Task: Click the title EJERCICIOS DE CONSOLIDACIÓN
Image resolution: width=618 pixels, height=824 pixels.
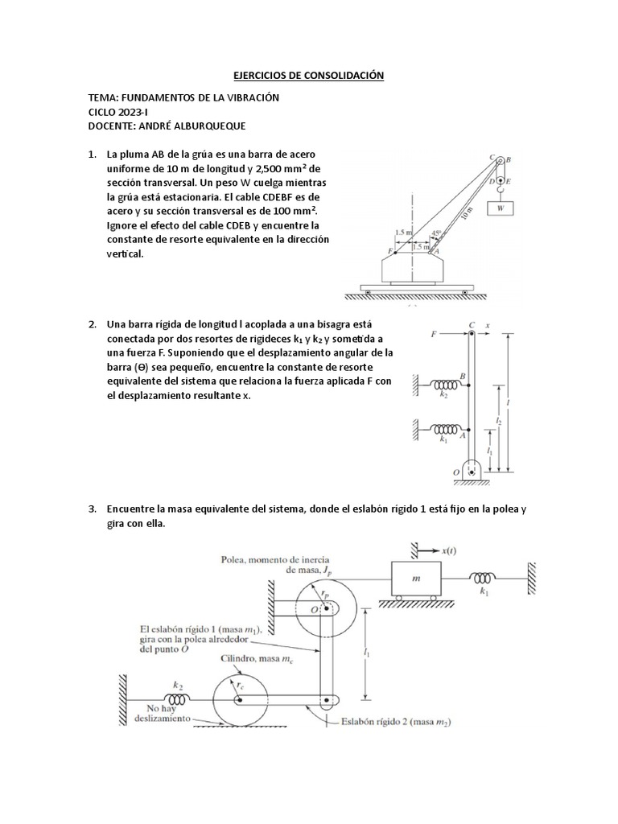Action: coord(309,76)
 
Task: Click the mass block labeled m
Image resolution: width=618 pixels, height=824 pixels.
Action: coord(416,579)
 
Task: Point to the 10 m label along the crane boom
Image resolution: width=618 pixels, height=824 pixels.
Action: coord(466,211)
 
